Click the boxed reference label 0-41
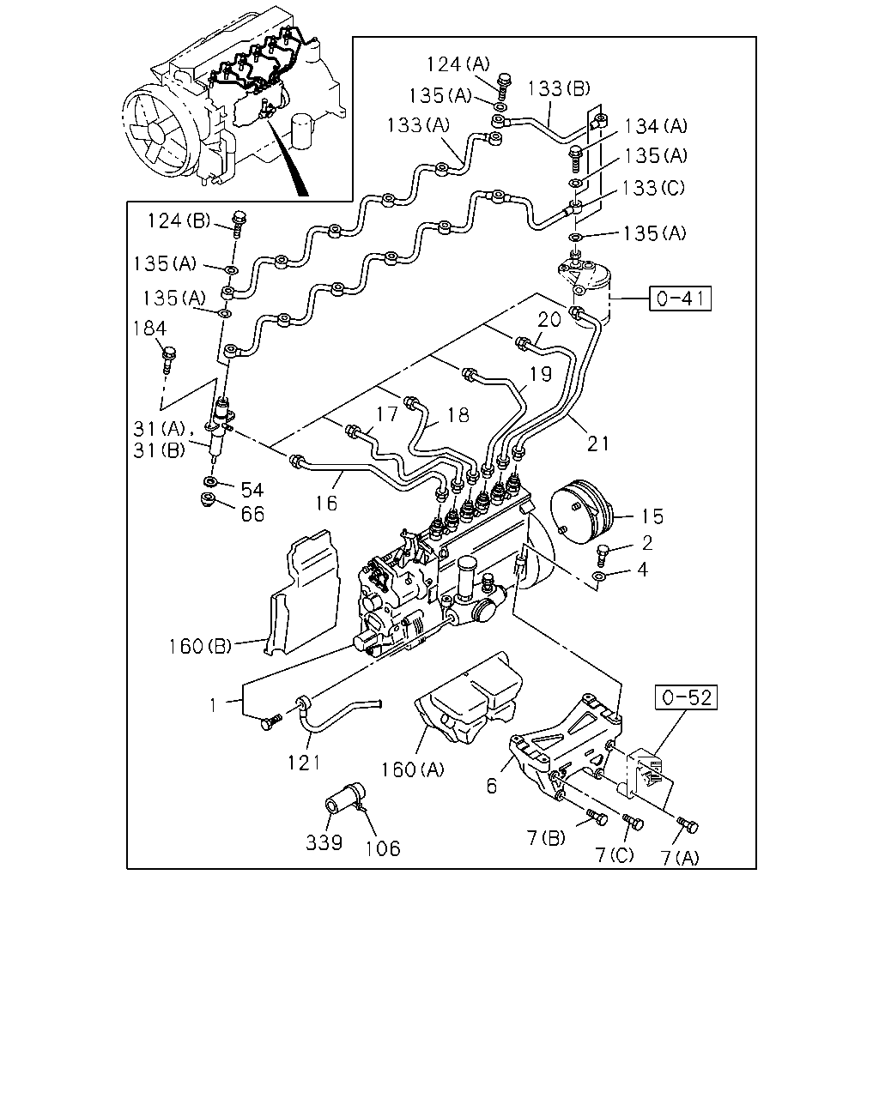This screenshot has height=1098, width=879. tap(680, 298)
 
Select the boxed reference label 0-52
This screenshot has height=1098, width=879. tap(687, 697)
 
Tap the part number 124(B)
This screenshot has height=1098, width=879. tap(179, 221)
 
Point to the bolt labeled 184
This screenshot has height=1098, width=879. tap(168, 359)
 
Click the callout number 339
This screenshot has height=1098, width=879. tap(324, 842)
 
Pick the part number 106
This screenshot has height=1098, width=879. tap(383, 848)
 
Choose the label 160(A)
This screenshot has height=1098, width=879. tap(413, 769)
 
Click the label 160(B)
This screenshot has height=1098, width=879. tap(200, 647)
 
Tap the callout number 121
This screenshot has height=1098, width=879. tap(303, 763)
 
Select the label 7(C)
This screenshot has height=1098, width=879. tap(615, 854)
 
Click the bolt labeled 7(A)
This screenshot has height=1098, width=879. tap(688, 825)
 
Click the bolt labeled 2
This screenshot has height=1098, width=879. tap(603, 555)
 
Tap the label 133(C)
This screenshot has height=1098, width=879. tap(653, 188)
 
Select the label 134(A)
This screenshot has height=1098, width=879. tap(656, 126)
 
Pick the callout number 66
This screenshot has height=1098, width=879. tap(253, 514)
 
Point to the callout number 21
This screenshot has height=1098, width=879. tap(597, 443)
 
